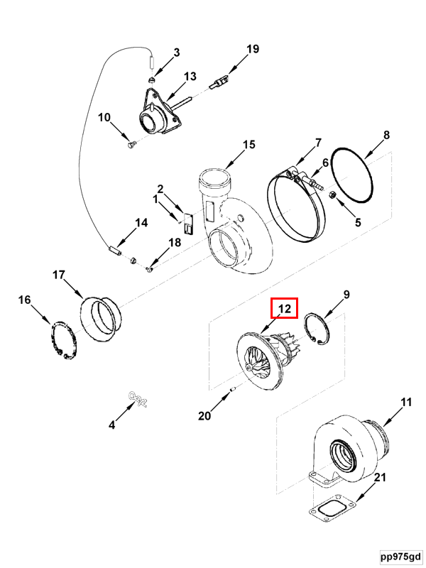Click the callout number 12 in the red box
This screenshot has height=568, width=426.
pyautogui.click(x=285, y=309)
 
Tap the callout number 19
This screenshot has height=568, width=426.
pyautogui.click(x=253, y=49)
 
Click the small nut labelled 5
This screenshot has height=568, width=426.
pyautogui.click(x=337, y=197)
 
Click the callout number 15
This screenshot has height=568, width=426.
pyautogui.click(x=248, y=145)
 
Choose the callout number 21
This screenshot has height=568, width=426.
pyautogui.click(x=381, y=478)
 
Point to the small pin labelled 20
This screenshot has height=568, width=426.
pyautogui.click(x=233, y=388)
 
